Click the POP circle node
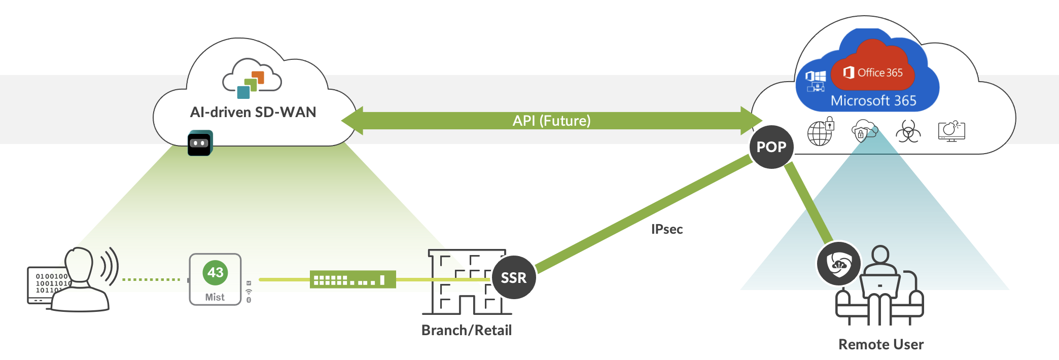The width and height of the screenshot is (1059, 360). (x=771, y=147)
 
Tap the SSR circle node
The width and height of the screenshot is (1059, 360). (x=514, y=277)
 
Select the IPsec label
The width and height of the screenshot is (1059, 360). (x=666, y=229)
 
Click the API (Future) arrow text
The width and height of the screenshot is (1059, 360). (x=551, y=121)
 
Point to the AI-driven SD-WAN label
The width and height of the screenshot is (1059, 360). (x=253, y=112)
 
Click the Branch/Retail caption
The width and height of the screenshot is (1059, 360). (x=466, y=330)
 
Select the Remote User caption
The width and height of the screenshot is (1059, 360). (x=880, y=344)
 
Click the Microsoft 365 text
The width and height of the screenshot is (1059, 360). (x=873, y=100)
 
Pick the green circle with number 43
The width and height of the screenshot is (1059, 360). (x=215, y=273)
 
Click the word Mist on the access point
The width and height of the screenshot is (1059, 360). (x=215, y=297)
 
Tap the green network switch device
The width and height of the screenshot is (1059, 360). (x=352, y=279)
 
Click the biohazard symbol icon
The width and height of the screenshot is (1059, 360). (x=908, y=131)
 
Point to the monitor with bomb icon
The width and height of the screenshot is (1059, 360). (x=951, y=131)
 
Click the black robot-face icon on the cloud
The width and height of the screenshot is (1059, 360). (x=200, y=143)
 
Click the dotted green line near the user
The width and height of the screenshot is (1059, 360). (x=151, y=279)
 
